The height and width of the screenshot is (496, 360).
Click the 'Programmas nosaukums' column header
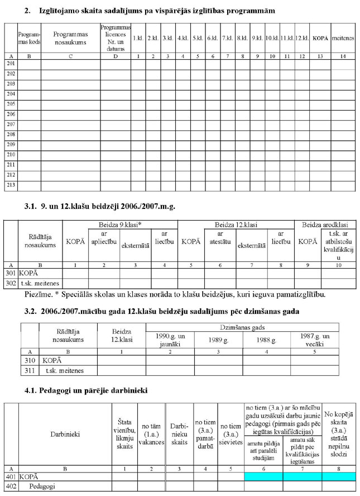[x=70, y=35]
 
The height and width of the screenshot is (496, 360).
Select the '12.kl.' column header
[x=301, y=38]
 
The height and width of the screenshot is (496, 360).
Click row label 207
[x=11, y=124]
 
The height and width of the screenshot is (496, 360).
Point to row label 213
[x=11, y=184]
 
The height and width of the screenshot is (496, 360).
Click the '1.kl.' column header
[x=138, y=38]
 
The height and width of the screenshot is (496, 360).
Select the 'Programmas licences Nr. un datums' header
[x=116, y=35]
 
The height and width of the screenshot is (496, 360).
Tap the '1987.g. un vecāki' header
[x=315, y=338]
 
